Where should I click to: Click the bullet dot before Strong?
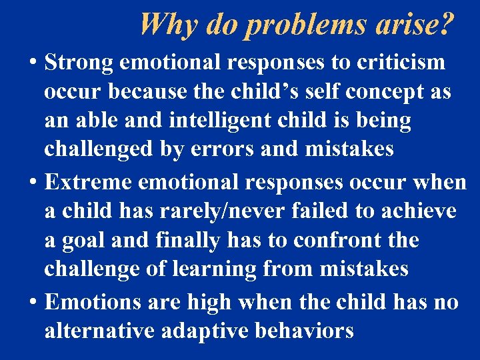[33, 63]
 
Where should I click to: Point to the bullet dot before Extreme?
[33, 182]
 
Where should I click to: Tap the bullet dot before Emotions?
[33, 302]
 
